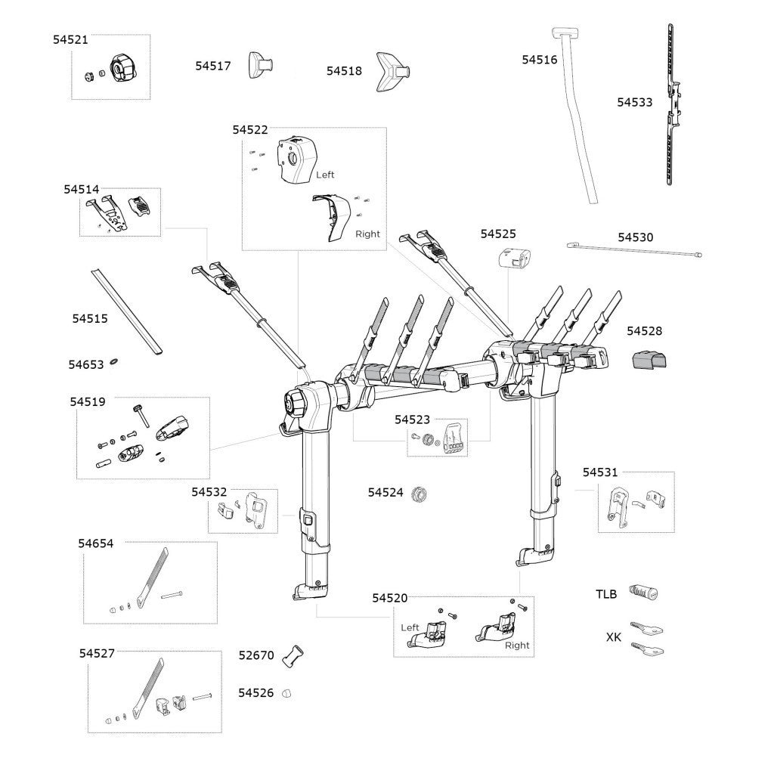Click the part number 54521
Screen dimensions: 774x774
pyautogui.click(x=70, y=39)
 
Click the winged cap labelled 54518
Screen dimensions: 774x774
pyautogui.click(x=396, y=72)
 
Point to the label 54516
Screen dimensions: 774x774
pyautogui.click(x=540, y=59)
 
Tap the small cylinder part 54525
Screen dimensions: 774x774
pyautogui.click(x=514, y=260)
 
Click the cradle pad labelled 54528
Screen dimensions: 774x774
pyautogui.click(x=652, y=359)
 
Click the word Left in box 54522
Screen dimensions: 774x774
pyautogui.click(x=325, y=175)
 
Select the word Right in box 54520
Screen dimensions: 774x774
pyautogui.click(x=517, y=645)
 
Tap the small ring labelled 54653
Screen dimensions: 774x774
pyautogui.click(x=113, y=362)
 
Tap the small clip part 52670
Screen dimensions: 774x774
pyautogui.click(x=293, y=655)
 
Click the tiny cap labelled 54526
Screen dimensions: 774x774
pyautogui.click(x=286, y=692)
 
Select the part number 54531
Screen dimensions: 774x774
pyautogui.click(x=600, y=472)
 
